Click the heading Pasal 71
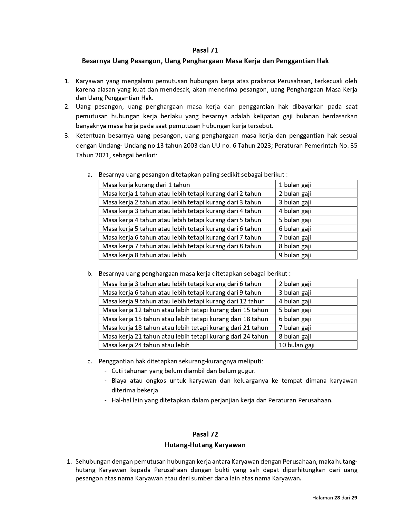coord(205,50)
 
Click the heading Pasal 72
coord(205,434)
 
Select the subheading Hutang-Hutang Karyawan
coord(205,445)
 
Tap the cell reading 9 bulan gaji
coord(295,255)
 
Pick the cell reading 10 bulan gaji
coord(296,345)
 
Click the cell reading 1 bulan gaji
coord(295,185)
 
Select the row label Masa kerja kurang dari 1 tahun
coord(146,185)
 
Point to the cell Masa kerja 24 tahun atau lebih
coord(146,345)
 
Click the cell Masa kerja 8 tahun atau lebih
coord(144,255)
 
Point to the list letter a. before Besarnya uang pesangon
coord(90,175)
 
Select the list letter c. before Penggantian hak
coord(90,361)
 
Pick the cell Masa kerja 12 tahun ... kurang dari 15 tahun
coord(185,310)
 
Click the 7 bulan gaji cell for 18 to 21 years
coord(295,328)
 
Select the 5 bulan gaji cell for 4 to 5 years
coord(295,220)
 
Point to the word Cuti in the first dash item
coord(117,371)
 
